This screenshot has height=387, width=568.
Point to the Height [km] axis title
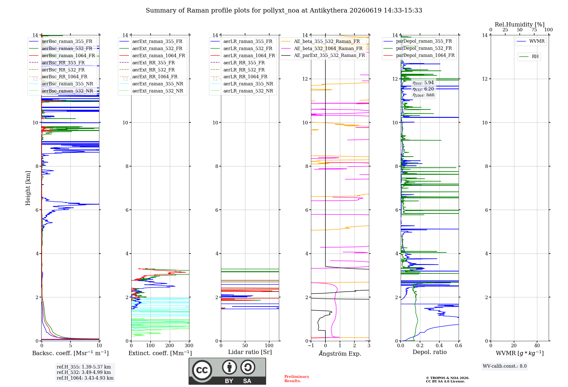[x=28, y=188]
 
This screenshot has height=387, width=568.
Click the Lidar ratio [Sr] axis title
[x=250, y=352]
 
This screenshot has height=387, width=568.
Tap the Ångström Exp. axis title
[x=340, y=353]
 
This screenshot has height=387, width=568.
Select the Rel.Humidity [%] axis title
[x=520, y=24]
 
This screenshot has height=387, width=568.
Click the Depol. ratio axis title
[x=430, y=352]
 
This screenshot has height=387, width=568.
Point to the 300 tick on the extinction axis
[x=189, y=345]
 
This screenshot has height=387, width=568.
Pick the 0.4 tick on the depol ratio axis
[x=439, y=345]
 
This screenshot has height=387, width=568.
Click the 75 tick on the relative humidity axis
[x=534, y=30]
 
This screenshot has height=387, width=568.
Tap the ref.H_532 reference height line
[x=84, y=372]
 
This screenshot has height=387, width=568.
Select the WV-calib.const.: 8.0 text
[x=505, y=366]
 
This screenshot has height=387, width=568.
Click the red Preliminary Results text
[x=297, y=379]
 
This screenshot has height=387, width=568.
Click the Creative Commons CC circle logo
[x=202, y=370]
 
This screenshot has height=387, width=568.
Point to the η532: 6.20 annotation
[x=423, y=89]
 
